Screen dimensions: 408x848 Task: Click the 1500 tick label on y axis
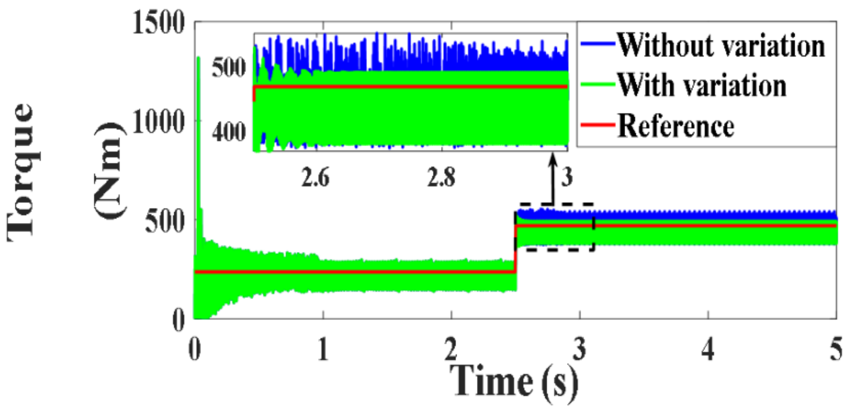tap(158, 24)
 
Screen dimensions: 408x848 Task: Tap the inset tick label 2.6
tap(315, 177)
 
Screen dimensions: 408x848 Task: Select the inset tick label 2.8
tap(441, 177)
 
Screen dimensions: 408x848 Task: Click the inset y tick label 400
tap(229, 132)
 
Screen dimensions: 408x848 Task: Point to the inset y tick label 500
tap(229, 68)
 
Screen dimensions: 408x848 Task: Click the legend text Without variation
tap(721, 45)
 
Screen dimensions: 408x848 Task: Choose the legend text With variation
tap(702, 86)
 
